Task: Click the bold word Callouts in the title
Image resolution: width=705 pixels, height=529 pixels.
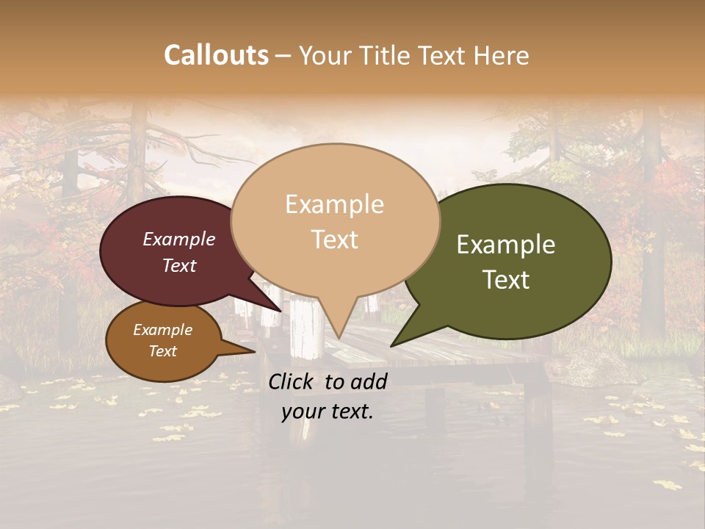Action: pyautogui.click(x=216, y=55)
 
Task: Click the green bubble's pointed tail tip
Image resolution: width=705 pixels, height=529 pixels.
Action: pyautogui.click(x=392, y=345)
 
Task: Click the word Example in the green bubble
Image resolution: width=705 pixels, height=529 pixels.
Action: pyautogui.click(x=506, y=245)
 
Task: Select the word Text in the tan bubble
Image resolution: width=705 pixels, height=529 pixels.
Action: pyautogui.click(x=335, y=240)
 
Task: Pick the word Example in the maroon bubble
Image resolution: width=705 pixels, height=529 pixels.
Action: pyautogui.click(x=179, y=239)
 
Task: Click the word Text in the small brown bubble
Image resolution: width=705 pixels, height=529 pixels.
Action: pyautogui.click(x=163, y=351)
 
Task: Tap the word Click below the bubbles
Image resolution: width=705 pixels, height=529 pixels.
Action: pyautogui.click(x=291, y=381)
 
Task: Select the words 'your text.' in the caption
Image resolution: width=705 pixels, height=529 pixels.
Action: pyautogui.click(x=328, y=411)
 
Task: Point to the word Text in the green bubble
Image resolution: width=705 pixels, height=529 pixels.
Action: pyautogui.click(x=507, y=280)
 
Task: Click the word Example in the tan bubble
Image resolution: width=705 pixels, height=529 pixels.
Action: pyautogui.click(x=335, y=204)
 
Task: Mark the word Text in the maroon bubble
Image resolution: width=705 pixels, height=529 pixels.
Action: pyautogui.click(x=179, y=265)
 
